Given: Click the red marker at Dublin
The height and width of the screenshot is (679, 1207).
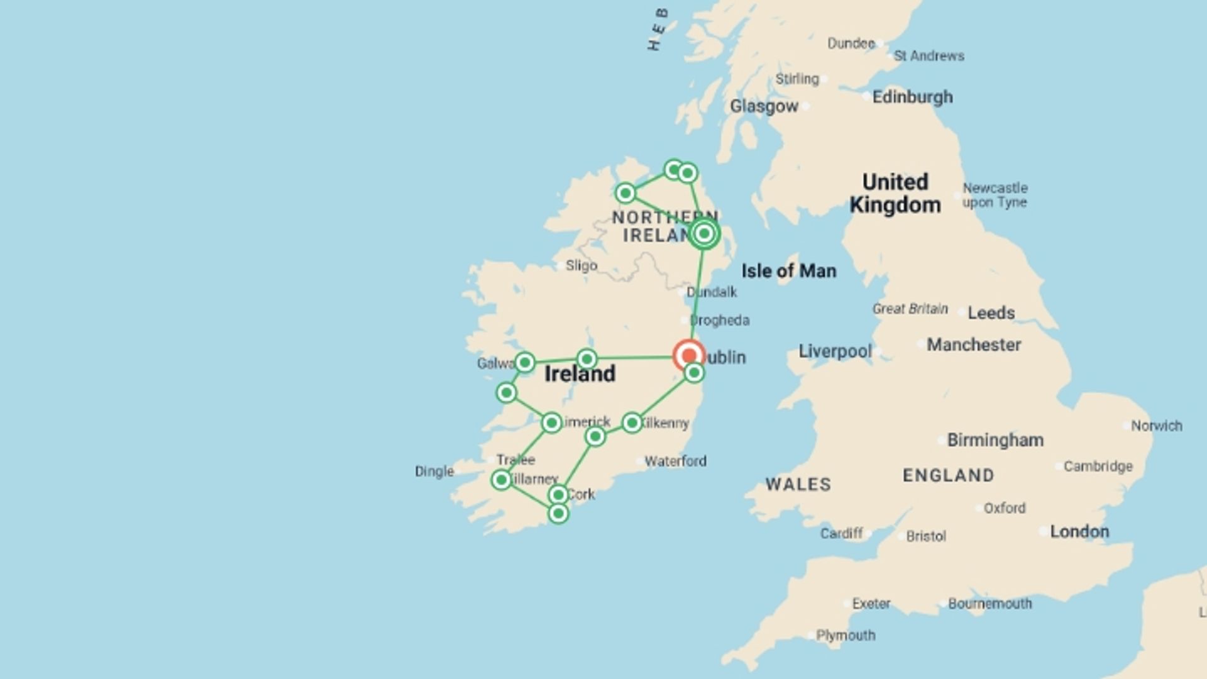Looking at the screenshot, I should click(688, 355).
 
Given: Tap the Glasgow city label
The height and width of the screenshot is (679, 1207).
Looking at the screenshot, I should click(764, 106).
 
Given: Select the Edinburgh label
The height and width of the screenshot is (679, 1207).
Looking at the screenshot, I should click(912, 97).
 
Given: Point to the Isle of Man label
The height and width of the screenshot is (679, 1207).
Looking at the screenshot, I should click(789, 271).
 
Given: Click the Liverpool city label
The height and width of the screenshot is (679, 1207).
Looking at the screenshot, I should click(835, 351).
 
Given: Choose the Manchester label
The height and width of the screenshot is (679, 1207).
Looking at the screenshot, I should click(974, 345).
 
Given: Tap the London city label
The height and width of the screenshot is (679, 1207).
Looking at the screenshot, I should click(1079, 531).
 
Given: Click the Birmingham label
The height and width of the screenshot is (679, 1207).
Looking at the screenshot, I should click(995, 440).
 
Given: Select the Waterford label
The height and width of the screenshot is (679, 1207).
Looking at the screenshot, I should click(675, 461).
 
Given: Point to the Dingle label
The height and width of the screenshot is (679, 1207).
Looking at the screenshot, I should click(434, 472).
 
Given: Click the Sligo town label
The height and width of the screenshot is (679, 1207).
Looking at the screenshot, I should click(581, 265).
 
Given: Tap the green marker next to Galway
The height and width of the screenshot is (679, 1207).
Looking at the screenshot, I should click(525, 362).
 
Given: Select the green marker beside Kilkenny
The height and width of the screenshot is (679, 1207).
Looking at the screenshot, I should click(632, 422).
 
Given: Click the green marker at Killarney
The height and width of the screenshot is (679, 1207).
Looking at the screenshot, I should click(501, 480).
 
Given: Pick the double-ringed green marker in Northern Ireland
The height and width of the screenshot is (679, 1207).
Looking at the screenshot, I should click(704, 234).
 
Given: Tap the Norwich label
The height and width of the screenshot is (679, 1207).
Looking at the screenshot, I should click(1157, 426).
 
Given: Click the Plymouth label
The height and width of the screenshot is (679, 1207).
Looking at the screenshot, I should click(846, 635).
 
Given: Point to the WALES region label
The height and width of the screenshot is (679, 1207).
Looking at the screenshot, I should click(798, 484).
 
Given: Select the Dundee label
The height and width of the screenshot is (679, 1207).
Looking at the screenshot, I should click(851, 43).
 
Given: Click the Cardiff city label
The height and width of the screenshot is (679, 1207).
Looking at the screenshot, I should click(841, 533).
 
